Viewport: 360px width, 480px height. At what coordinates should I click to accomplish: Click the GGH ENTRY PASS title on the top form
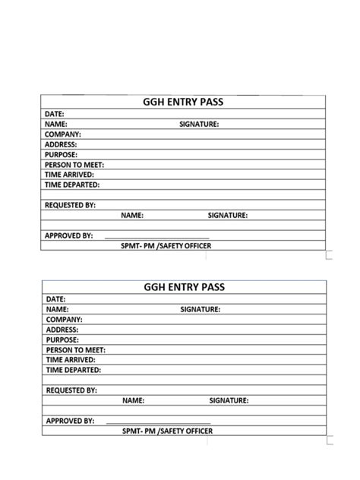click(x=183, y=102)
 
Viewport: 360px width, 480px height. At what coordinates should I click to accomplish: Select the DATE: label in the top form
click(x=54, y=113)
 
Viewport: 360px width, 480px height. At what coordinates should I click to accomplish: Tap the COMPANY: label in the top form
click(x=62, y=134)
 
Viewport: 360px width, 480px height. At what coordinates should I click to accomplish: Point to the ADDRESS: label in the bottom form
click(x=63, y=330)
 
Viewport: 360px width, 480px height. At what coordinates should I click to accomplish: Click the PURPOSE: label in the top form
click(x=62, y=154)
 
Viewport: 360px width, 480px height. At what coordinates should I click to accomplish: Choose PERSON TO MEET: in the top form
click(x=74, y=164)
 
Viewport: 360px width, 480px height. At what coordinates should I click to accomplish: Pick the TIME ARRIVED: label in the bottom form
click(x=71, y=360)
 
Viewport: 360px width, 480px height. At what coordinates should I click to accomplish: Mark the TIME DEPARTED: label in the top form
click(x=72, y=185)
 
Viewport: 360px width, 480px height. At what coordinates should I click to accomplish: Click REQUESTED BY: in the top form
click(x=70, y=205)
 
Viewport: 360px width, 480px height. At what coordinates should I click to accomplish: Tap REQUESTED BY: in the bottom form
click(x=71, y=390)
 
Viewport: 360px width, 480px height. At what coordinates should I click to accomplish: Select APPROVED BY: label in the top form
click(x=68, y=235)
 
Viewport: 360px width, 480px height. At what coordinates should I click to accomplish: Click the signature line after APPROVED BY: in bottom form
click(x=158, y=422)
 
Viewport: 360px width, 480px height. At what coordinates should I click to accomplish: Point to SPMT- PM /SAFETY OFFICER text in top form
click(x=166, y=246)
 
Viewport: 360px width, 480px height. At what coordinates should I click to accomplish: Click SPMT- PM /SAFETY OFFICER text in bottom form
click(x=167, y=431)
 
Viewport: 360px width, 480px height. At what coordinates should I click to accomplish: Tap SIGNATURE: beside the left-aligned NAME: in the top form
click(x=199, y=123)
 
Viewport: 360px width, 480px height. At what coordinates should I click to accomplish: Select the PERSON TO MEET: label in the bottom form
click(x=76, y=350)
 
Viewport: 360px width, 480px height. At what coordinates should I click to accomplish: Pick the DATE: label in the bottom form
click(x=55, y=299)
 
